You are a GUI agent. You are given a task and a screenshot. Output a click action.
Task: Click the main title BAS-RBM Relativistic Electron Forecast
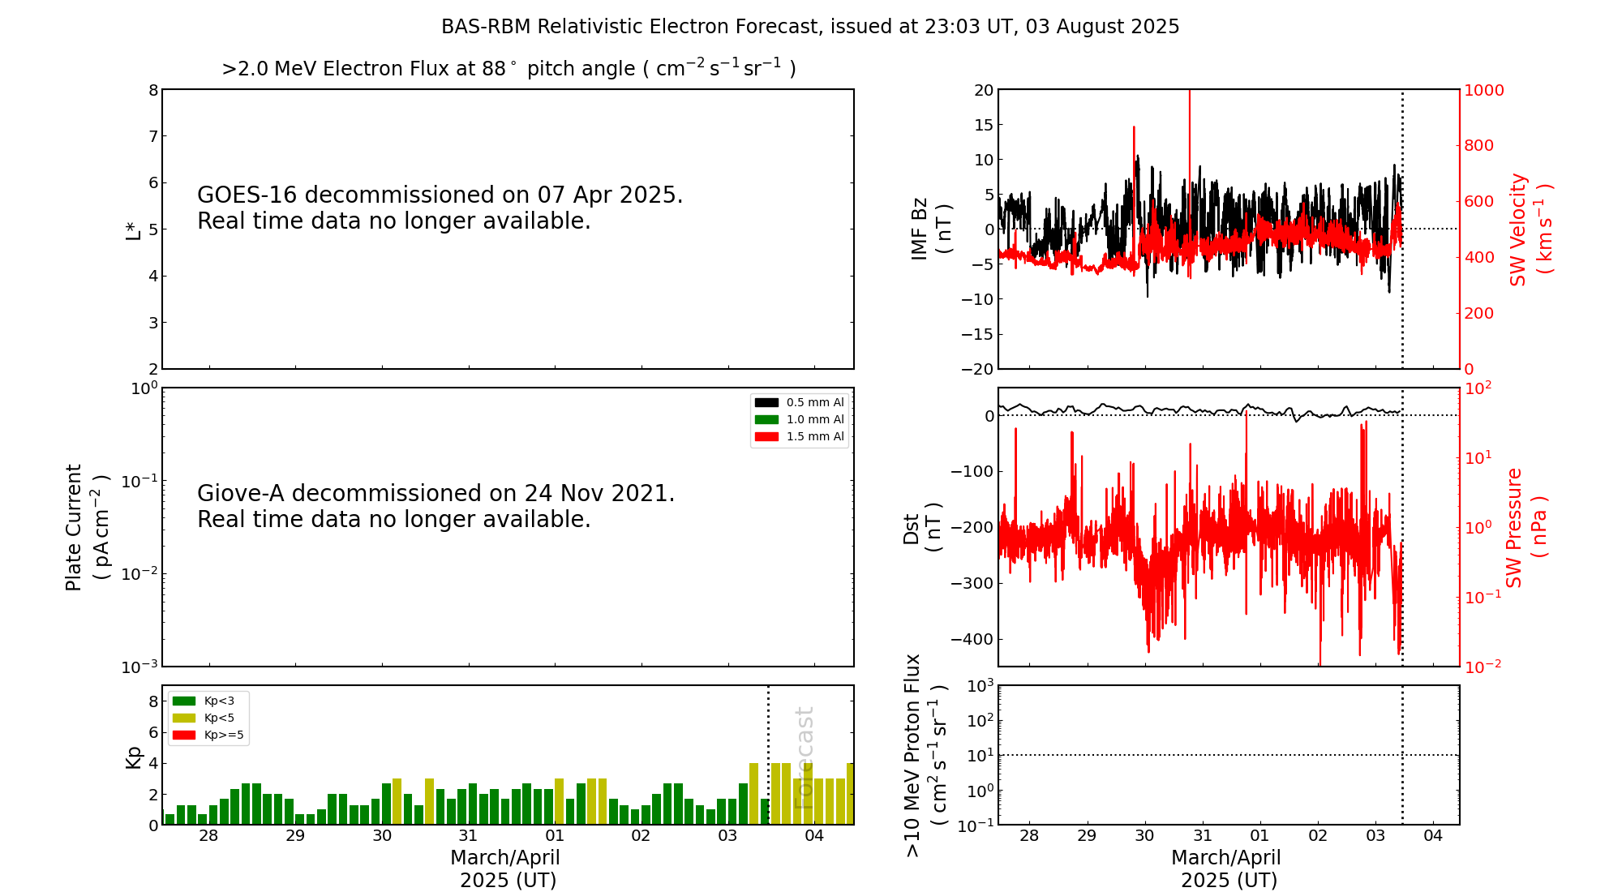[x=809, y=27]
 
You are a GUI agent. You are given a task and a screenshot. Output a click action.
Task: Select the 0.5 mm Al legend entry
[x=800, y=402]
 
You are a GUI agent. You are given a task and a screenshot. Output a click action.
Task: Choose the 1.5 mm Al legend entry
[x=800, y=436]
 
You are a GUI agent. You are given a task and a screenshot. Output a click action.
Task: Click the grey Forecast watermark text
[x=804, y=757]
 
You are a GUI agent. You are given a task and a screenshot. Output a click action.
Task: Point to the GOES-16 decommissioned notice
[x=440, y=208]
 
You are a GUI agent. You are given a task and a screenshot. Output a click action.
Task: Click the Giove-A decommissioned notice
[x=436, y=506]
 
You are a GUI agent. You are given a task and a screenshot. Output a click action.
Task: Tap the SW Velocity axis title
[x=1530, y=229]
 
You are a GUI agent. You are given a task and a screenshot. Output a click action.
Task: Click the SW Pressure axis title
[x=1525, y=527]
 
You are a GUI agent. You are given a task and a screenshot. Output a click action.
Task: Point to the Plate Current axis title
[x=85, y=527]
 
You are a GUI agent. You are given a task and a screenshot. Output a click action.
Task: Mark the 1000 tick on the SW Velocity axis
[x=1483, y=90]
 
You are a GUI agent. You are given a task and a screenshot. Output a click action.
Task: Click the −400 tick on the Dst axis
[x=972, y=639]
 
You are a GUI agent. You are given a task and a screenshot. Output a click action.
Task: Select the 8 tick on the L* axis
[x=153, y=90]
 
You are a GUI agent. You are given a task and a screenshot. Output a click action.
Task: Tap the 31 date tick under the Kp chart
[x=468, y=836]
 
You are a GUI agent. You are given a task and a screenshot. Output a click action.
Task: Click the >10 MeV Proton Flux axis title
[x=925, y=755]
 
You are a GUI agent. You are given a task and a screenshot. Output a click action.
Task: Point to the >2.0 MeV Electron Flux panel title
[x=508, y=69]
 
